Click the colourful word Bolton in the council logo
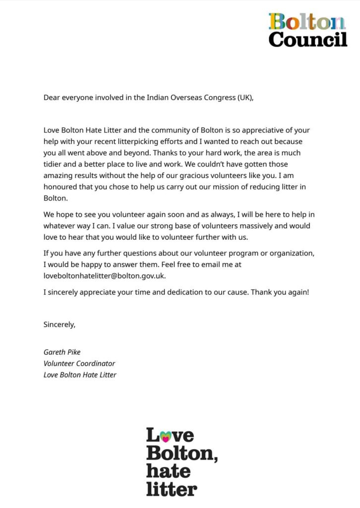click(307, 22)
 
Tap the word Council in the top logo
click(308, 39)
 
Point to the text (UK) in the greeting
click(242, 97)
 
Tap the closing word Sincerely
click(60, 324)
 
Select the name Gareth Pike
click(62, 352)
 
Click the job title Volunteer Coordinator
click(79, 363)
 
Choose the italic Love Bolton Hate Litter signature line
click(80, 375)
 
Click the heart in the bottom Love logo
click(166, 436)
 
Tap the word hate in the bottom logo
click(168, 471)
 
